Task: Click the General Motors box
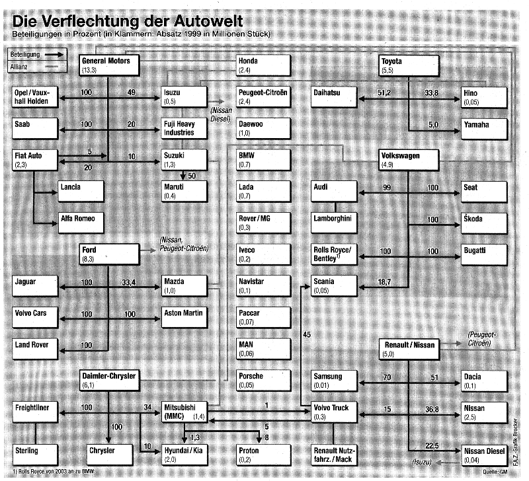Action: (x=108, y=65)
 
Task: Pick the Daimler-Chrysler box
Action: (x=108, y=379)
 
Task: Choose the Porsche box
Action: (x=263, y=379)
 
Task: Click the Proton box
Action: (x=263, y=453)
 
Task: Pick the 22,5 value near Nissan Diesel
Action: (x=432, y=444)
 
